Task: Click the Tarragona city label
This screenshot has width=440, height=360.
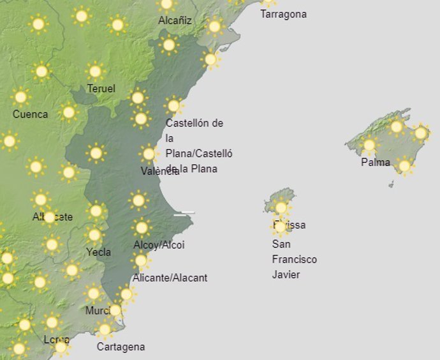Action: [x=283, y=14]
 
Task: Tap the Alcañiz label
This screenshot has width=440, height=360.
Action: [x=175, y=20]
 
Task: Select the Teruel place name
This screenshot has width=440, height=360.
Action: [x=101, y=88]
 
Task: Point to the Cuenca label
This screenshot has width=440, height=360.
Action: [x=30, y=114]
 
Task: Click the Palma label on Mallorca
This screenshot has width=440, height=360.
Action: [x=375, y=162]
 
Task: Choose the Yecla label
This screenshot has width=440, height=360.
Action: [x=98, y=251]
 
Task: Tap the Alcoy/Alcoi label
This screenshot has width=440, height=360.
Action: [x=159, y=244]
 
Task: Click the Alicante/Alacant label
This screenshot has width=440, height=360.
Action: [x=170, y=278]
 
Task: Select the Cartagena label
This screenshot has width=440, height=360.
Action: [x=121, y=347]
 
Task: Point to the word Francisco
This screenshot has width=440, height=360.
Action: [x=294, y=259]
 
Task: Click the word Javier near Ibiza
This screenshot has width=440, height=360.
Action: [x=286, y=274]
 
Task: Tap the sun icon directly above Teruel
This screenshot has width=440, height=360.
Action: [x=95, y=71]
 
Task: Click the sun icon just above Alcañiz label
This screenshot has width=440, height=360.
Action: [x=166, y=4]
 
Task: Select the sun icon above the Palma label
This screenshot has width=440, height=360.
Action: [x=369, y=145]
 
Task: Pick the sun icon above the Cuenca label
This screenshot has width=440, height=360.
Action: [x=20, y=97]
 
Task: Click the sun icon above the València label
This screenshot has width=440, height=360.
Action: [x=149, y=153]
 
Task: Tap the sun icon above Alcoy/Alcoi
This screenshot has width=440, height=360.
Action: [x=142, y=227]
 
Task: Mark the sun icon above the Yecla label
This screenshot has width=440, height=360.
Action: [x=94, y=235]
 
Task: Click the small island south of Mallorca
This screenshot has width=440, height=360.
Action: [x=391, y=184]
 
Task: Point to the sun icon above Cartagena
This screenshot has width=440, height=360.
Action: [x=105, y=330]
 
